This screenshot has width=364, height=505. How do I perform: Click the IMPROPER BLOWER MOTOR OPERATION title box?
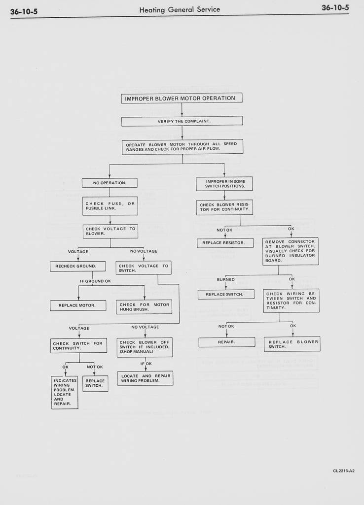tap(182, 98)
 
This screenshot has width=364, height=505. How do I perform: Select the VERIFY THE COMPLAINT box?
tap(182, 121)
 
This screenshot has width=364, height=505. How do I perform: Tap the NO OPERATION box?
tap(109, 183)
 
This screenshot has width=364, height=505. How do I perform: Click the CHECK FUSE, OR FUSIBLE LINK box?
tap(110, 206)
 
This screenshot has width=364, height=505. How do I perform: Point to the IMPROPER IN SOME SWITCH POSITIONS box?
tap(224, 184)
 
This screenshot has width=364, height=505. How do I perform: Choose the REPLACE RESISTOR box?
tap(225, 243)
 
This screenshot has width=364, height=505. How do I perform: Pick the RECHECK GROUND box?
tap(77, 267)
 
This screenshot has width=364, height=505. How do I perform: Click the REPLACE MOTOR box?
tap(78, 305)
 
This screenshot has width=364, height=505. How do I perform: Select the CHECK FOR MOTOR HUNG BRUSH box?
tap(144, 307)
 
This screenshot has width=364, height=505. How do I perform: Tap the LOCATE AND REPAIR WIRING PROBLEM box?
tap(145, 378)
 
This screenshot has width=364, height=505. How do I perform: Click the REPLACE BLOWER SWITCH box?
tap(292, 344)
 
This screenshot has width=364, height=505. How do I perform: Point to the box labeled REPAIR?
tap(226, 342)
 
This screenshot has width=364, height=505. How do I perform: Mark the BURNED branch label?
tap(225, 280)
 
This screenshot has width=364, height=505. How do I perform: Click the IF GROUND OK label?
tap(95, 281)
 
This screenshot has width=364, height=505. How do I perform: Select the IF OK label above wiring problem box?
tap(146, 364)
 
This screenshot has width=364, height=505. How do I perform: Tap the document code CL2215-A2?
tap(343, 471)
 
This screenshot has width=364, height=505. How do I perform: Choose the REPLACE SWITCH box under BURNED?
tap(226, 295)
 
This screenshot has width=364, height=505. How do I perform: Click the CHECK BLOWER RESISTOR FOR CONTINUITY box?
tap(224, 207)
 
